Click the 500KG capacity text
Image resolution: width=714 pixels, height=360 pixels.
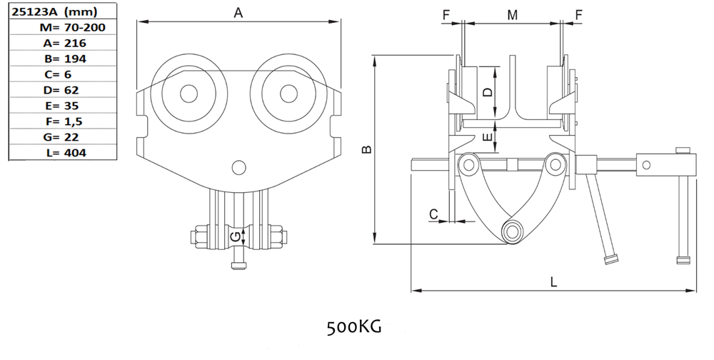click(x=354, y=327)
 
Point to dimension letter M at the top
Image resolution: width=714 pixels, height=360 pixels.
click(x=512, y=14)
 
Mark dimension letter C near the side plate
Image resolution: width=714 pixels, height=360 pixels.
click(x=433, y=213)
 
